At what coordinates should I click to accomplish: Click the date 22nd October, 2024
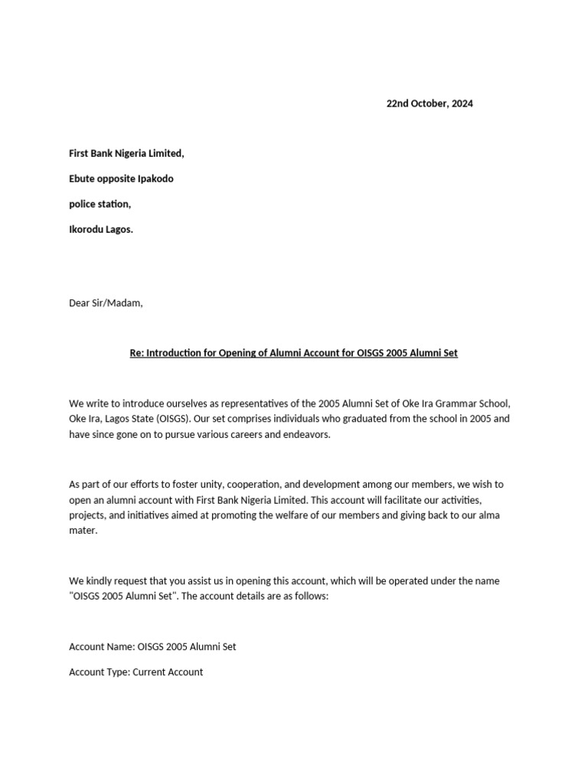(x=429, y=103)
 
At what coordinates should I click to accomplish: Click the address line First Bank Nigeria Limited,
(x=126, y=153)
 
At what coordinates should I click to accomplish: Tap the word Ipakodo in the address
(x=155, y=178)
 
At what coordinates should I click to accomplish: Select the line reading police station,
(x=100, y=204)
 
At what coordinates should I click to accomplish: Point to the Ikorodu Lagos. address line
(x=101, y=229)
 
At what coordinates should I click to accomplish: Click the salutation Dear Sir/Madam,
(x=106, y=302)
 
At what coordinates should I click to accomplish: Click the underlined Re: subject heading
(x=293, y=353)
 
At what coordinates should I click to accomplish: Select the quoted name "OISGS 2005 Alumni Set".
(x=128, y=596)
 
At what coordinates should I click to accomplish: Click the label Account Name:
(x=102, y=647)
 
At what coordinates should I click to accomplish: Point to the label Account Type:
(x=100, y=672)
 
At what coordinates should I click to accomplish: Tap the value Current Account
(x=168, y=672)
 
